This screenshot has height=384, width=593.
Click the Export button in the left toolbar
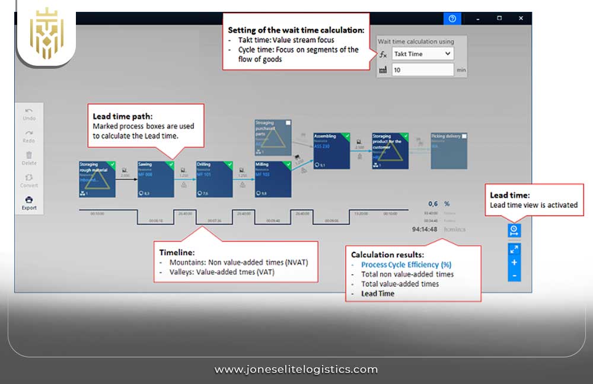point(29,202)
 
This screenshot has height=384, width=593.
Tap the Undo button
point(29,113)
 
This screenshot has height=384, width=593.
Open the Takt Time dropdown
point(423,53)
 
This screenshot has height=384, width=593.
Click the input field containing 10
point(423,70)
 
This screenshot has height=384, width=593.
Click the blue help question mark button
point(452,18)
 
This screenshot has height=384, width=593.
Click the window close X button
point(521,18)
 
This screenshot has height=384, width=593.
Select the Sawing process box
point(156,178)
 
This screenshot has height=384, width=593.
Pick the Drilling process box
point(214,178)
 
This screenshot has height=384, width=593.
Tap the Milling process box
point(273,178)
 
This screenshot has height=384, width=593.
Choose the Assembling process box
point(331,151)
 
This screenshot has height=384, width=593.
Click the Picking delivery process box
point(448,151)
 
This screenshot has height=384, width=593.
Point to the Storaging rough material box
point(97,178)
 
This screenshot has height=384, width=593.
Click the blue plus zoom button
point(514,263)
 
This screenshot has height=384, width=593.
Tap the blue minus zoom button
point(514,276)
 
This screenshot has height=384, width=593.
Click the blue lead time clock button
point(514,229)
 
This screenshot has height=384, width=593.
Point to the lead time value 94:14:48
point(425,229)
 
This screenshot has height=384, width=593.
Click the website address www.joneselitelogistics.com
point(296,369)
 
